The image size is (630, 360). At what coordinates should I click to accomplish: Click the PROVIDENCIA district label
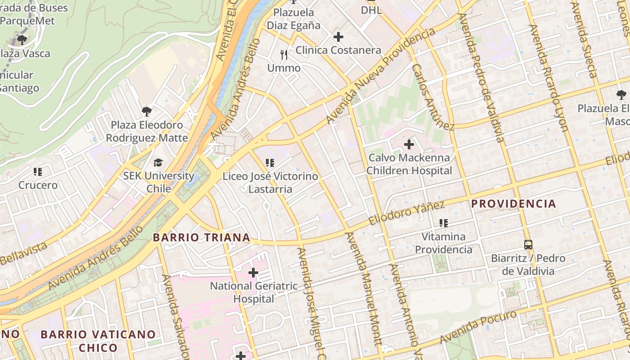click(513, 203)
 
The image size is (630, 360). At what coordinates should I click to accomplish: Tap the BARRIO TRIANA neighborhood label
click(201, 237)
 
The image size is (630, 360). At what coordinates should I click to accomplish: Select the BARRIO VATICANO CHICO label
click(98, 341)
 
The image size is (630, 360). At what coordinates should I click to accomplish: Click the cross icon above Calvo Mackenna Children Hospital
click(409, 144)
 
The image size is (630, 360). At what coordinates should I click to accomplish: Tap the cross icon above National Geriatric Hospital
click(253, 272)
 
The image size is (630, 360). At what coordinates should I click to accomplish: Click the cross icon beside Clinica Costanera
click(338, 37)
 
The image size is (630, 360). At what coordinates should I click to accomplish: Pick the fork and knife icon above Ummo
click(283, 55)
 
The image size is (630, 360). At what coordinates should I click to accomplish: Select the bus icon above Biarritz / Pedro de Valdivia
click(528, 245)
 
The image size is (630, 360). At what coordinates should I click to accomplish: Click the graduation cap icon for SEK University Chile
click(158, 162)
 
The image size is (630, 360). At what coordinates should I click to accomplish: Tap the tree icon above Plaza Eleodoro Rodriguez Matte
click(146, 111)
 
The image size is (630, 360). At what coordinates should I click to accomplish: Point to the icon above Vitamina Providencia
click(444, 223)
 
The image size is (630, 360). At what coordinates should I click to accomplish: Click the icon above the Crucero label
click(38, 171)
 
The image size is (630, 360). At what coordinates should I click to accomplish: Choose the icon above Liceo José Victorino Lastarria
click(270, 162)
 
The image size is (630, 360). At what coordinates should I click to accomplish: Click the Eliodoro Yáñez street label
click(406, 213)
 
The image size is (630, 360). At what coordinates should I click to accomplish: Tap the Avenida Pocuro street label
click(478, 326)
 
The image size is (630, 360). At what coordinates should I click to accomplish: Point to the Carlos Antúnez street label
click(433, 97)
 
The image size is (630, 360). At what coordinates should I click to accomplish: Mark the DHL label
click(371, 10)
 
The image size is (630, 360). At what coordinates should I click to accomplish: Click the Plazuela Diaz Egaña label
click(293, 18)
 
